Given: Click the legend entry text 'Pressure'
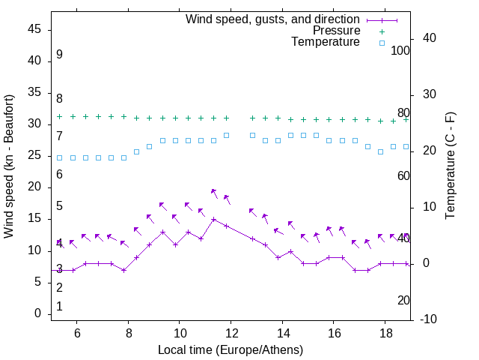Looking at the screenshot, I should pos(336,31).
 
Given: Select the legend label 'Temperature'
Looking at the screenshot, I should pos(326,42).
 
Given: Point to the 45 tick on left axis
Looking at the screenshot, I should pos(34,29).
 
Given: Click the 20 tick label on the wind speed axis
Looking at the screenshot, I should pos(34,187).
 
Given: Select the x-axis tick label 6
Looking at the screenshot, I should pos(77,333).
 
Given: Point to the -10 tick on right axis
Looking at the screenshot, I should pos(430,319).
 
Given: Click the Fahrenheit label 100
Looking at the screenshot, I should pos(400,50).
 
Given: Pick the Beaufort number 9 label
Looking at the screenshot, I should pos(59,55).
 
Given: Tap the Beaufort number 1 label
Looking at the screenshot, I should pos(59,306).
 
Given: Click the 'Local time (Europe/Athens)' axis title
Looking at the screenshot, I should pos(231,350).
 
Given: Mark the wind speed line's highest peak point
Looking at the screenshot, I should pos(213,220).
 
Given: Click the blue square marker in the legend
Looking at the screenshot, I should pos(382,43).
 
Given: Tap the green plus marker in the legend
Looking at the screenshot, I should pos(382,31).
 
